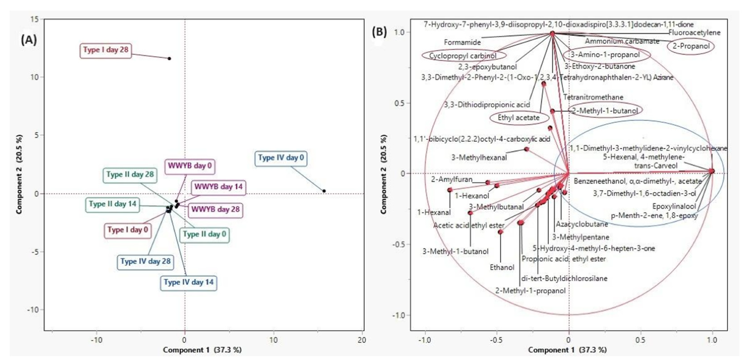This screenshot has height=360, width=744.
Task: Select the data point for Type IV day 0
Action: click(324, 191)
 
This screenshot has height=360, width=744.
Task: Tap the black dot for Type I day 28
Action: click(169, 59)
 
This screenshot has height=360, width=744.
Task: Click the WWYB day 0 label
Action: click(190, 166)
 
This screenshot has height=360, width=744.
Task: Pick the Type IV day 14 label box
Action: click(189, 282)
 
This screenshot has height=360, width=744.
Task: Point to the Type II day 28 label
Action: click(130, 175)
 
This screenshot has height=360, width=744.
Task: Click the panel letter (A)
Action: click(29, 40)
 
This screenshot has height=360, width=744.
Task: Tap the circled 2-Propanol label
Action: click(691, 46)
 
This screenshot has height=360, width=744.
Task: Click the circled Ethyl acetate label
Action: click(519, 118)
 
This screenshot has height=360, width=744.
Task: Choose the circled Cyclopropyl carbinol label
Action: click(463, 56)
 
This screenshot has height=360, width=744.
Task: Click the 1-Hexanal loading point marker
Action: click(450, 190)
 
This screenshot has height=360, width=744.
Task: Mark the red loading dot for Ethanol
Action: click(501, 232)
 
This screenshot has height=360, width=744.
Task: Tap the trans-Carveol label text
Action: click(656, 166)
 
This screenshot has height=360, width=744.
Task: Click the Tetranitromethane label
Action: click(593, 97)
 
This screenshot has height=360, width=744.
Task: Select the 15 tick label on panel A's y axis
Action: click(35, 19)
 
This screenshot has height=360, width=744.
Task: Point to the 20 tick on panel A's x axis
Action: click(362, 340)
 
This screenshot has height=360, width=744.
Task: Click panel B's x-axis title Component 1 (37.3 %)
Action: click(567, 350)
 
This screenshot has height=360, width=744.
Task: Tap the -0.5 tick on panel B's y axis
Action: click(399, 244)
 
